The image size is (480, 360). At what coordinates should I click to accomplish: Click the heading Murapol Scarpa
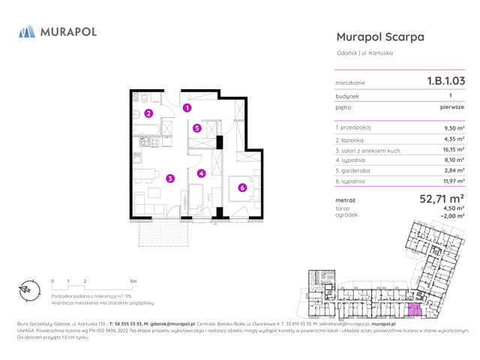point(380,37)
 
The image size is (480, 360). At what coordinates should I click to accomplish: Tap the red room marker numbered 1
point(187,108)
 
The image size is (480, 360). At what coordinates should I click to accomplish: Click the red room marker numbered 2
point(148,114)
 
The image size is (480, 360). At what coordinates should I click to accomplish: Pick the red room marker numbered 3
point(170,178)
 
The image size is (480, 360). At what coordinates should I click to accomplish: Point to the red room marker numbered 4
point(201,174)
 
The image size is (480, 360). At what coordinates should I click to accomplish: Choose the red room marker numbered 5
point(197,127)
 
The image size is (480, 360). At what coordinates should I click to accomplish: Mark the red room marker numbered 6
point(241,187)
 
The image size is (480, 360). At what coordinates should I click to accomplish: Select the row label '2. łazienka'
point(352,139)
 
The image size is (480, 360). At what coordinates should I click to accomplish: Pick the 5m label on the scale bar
point(133,280)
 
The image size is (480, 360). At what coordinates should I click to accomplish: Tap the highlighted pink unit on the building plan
point(414,310)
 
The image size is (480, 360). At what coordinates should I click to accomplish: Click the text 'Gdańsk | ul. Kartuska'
point(364,52)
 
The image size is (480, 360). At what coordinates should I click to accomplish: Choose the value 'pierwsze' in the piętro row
point(451,107)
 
